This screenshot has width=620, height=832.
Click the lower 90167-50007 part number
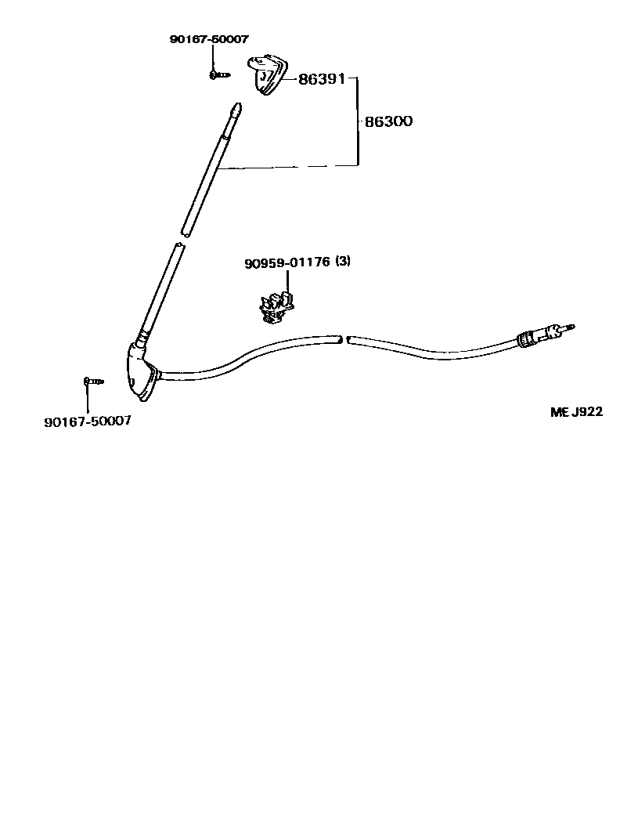[x=88, y=421]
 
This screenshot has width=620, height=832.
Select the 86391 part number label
[x=322, y=79]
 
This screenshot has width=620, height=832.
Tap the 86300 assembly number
[x=388, y=121]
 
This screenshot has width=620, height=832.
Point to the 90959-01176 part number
[x=287, y=262]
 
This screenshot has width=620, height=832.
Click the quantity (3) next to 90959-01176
[x=343, y=261]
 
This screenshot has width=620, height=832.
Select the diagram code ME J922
[x=576, y=412]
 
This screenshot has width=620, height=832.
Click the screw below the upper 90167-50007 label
[x=218, y=75]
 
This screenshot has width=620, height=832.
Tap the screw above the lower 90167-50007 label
[x=93, y=382]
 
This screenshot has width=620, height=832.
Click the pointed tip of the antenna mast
[x=236, y=107]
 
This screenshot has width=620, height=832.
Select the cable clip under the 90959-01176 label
[x=274, y=307]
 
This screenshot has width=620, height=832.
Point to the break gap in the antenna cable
[x=344, y=339]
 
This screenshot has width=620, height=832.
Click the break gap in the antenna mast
[x=183, y=238]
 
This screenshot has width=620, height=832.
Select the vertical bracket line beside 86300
[x=358, y=121]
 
